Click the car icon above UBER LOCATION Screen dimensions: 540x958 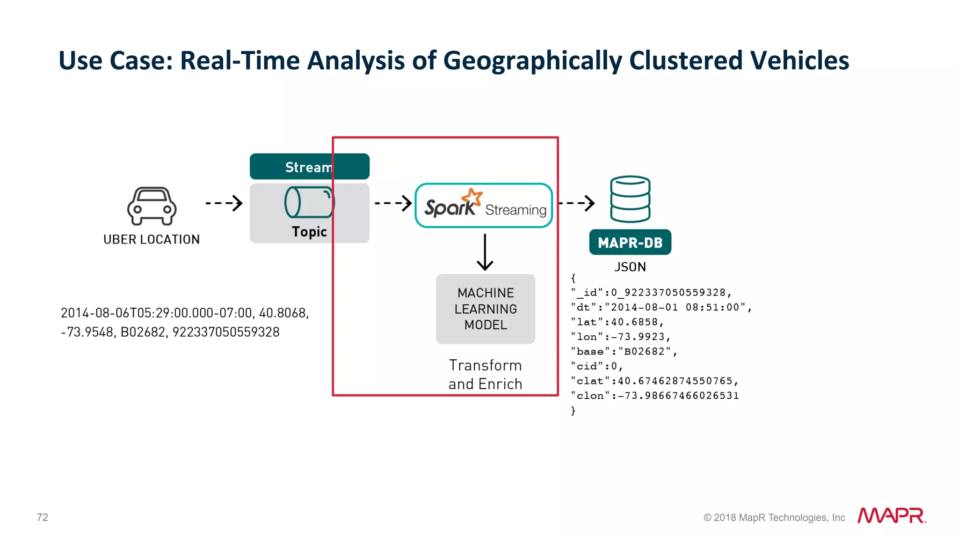(x=152, y=206)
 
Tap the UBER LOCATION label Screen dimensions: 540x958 (x=152, y=239)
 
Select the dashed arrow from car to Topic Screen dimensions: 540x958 (x=224, y=203)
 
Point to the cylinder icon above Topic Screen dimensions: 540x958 (x=309, y=202)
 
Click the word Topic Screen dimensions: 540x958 (x=309, y=231)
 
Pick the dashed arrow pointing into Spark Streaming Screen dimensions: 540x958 (x=393, y=203)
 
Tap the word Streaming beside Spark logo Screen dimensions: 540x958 (x=515, y=210)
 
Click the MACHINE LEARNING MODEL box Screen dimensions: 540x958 (x=486, y=309)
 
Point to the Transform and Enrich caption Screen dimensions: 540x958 (x=485, y=374)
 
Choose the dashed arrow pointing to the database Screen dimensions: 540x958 (x=577, y=203)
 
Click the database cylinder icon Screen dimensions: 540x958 (x=630, y=199)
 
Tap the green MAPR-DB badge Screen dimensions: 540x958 (x=630, y=242)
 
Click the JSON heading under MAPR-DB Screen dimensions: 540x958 (x=630, y=267)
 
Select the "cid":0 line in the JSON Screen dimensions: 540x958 (x=597, y=366)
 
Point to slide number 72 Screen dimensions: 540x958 (x=43, y=517)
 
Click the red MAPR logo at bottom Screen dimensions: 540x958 (x=891, y=516)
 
